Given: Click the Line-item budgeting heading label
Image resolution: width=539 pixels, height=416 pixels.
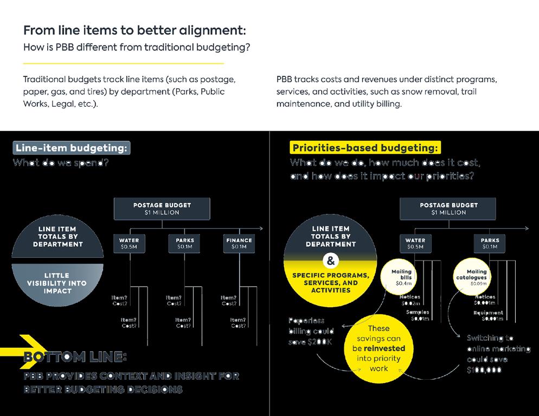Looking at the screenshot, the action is point(72,148).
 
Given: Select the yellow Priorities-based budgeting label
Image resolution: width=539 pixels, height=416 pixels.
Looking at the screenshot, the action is point(366,148).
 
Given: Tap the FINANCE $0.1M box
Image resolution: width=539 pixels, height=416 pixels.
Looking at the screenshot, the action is point(239,244).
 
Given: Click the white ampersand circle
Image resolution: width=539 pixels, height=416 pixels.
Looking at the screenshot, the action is point(330,261).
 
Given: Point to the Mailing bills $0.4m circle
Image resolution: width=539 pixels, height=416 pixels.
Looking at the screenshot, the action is point(401,277).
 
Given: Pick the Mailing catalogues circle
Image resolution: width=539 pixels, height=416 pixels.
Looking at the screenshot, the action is point(477,277).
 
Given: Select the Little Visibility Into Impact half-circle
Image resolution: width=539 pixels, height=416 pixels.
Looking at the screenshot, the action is point(57,283).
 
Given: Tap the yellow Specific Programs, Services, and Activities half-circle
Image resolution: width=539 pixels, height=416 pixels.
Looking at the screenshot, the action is point(330,282).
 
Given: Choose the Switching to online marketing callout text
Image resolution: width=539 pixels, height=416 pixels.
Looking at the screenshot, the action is point(498,354).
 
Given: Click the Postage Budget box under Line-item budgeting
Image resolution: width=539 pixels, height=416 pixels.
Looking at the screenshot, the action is point(162,209).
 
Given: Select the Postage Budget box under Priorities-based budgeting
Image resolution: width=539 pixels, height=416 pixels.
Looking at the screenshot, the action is point(448,209).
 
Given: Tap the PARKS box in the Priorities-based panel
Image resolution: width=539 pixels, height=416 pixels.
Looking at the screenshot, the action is point(489,244).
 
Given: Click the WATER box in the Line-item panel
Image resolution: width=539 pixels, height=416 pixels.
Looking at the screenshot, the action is point(129,244).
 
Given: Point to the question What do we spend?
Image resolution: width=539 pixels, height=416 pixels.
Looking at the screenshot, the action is point(61,162).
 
